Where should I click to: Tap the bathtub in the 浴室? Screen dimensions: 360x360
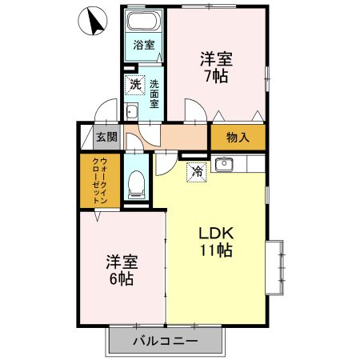coord(145,23)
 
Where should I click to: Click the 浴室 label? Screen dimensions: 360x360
coord(144,45)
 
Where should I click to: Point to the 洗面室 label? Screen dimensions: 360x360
coord(154,92)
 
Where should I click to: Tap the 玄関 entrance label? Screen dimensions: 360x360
coord(107,137)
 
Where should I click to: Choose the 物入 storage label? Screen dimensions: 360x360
coord(238,137)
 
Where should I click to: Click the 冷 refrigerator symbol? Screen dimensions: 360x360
coord(195,170)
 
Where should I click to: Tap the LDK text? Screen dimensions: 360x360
coord(216,233)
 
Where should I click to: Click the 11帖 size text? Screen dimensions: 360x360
coord(216,251)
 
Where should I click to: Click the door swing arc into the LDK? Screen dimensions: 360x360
coord(166,162)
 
